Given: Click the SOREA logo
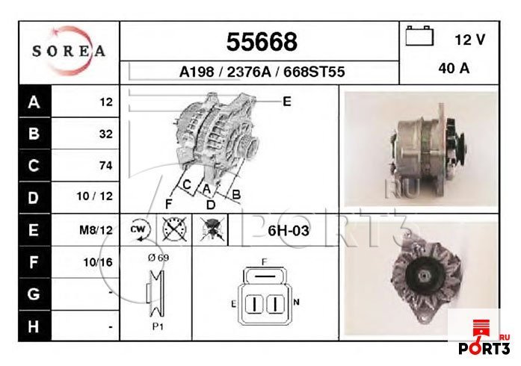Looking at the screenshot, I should coord(68,52).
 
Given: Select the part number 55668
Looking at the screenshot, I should coord(261,41).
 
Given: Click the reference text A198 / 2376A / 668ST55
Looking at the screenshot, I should coord(261,72).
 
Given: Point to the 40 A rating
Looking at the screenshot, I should coord(454,69).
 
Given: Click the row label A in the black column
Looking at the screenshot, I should coord(33,102).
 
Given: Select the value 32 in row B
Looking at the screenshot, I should coord(105,134).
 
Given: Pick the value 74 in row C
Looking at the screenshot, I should coord(105,166).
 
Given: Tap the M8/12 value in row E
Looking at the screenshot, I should coord(96,230).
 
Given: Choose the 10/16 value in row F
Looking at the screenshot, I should coord(98,262).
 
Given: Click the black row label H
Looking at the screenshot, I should coord(33,326).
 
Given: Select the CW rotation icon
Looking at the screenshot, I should coord(140,230).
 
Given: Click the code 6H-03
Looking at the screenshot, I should coord(288,231).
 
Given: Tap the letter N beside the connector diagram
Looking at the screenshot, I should coord(296,303).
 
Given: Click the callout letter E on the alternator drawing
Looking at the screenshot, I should coord(286,101).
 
